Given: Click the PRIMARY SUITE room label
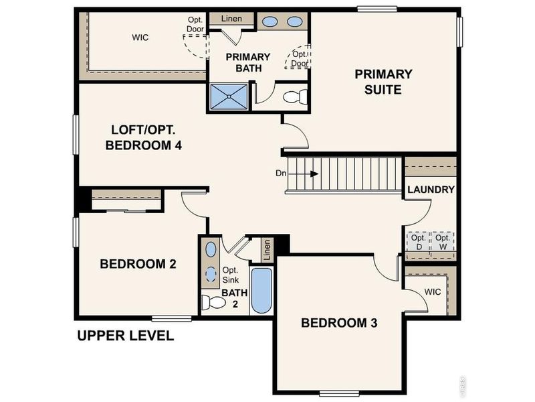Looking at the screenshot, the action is coord(383,82).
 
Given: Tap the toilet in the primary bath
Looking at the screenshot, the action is coord(295,96).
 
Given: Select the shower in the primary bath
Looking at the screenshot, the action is coord(229,96).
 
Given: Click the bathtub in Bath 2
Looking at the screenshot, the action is coord(261,291).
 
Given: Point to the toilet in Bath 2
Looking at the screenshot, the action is coord(213,302).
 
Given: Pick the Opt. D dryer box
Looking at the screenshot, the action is coord(419,242).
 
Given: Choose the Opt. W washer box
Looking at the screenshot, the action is coord(443,242).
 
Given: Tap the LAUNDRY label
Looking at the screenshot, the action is coord(431,190).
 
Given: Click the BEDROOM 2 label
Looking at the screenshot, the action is coord(138,264).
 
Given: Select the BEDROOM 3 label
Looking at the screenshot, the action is coord(339,323).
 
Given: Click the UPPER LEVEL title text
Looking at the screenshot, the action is coord(126,336).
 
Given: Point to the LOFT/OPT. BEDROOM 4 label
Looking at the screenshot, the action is coord(143,137).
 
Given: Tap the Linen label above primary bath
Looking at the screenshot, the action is coord(231,19).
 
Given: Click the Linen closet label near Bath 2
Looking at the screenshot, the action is coord(267,249).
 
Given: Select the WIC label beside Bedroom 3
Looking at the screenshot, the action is coord(432,292).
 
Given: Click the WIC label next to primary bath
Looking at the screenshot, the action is coord(140,38).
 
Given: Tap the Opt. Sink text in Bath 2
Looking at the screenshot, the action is coord(230,275).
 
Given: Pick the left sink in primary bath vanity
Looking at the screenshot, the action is coord(270,22).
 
